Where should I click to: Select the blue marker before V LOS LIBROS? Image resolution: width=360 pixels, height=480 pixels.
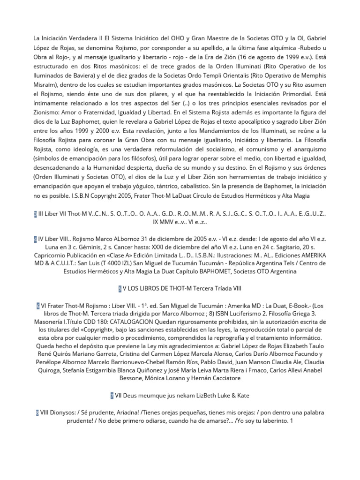tap(120, 288)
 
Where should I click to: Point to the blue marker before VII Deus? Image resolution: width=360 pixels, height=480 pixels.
tap(112, 396)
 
